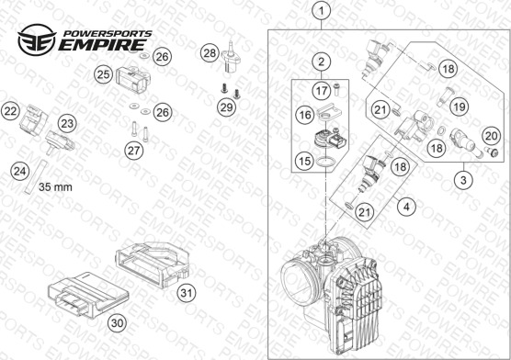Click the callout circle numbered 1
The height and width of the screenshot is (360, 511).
[x=322, y=11]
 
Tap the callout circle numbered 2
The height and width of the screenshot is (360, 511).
[x=322, y=62]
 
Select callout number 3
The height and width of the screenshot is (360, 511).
[x=463, y=180]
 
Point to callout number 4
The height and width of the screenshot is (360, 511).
[x=406, y=207]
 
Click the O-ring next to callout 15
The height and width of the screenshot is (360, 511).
[x=325, y=162]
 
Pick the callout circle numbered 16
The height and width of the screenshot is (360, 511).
[x=305, y=115]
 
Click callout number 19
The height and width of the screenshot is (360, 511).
[x=460, y=107]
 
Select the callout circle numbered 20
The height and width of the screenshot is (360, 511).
[x=491, y=136]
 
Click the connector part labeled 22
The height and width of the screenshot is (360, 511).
[x=33, y=119]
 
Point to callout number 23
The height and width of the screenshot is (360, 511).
[x=67, y=124]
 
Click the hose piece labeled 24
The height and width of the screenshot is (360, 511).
[x=35, y=177]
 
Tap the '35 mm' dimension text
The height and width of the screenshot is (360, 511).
[x=55, y=187]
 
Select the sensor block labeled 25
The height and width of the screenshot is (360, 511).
[x=133, y=79]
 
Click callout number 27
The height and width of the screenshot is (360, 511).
[x=134, y=151]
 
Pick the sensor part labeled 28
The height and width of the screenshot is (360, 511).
[x=231, y=56]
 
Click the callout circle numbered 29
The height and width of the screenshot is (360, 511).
[x=226, y=107]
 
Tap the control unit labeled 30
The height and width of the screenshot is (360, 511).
[x=88, y=295]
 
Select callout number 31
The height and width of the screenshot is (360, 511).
[x=187, y=293]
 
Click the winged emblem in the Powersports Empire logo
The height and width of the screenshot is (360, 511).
[x=37, y=39]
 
